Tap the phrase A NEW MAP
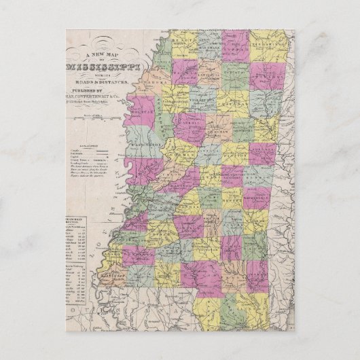(102, 55)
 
